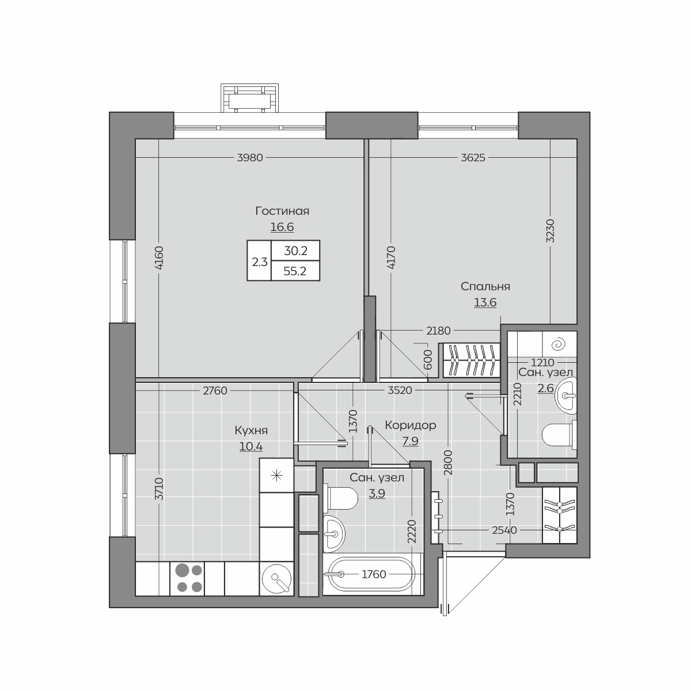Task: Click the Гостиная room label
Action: pyautogui.click(x=282, y=211)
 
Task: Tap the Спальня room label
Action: pyautogui.click(x=485, y=287)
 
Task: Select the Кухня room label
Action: pyautogui.click(x=251, y=430)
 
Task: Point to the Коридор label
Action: pyautogui.click(x=410, y=426)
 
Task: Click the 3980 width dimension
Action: pyautogui.click(x=250, y=158)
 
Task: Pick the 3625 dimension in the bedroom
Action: pyautogui.click(x=473, y=158)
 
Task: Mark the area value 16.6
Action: pyautogui.click(x=282, y=227)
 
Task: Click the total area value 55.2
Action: pyautogui.click(x=295, y=271)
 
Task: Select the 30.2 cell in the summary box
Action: pyautogui.click(x=295, y=251)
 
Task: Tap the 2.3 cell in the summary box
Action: pyautogui.click(x=259, y=262)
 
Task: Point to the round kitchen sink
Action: pyautogui.click(x=276, y=579)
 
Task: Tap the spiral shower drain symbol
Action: pyautogui.click(x=559, y=345)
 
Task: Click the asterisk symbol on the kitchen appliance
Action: pyautogui.click(x=276, y=476)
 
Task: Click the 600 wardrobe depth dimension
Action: pyautogui.click(x=428, y=360)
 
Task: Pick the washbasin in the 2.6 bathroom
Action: pyautogui.click(x=566, y=396)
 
